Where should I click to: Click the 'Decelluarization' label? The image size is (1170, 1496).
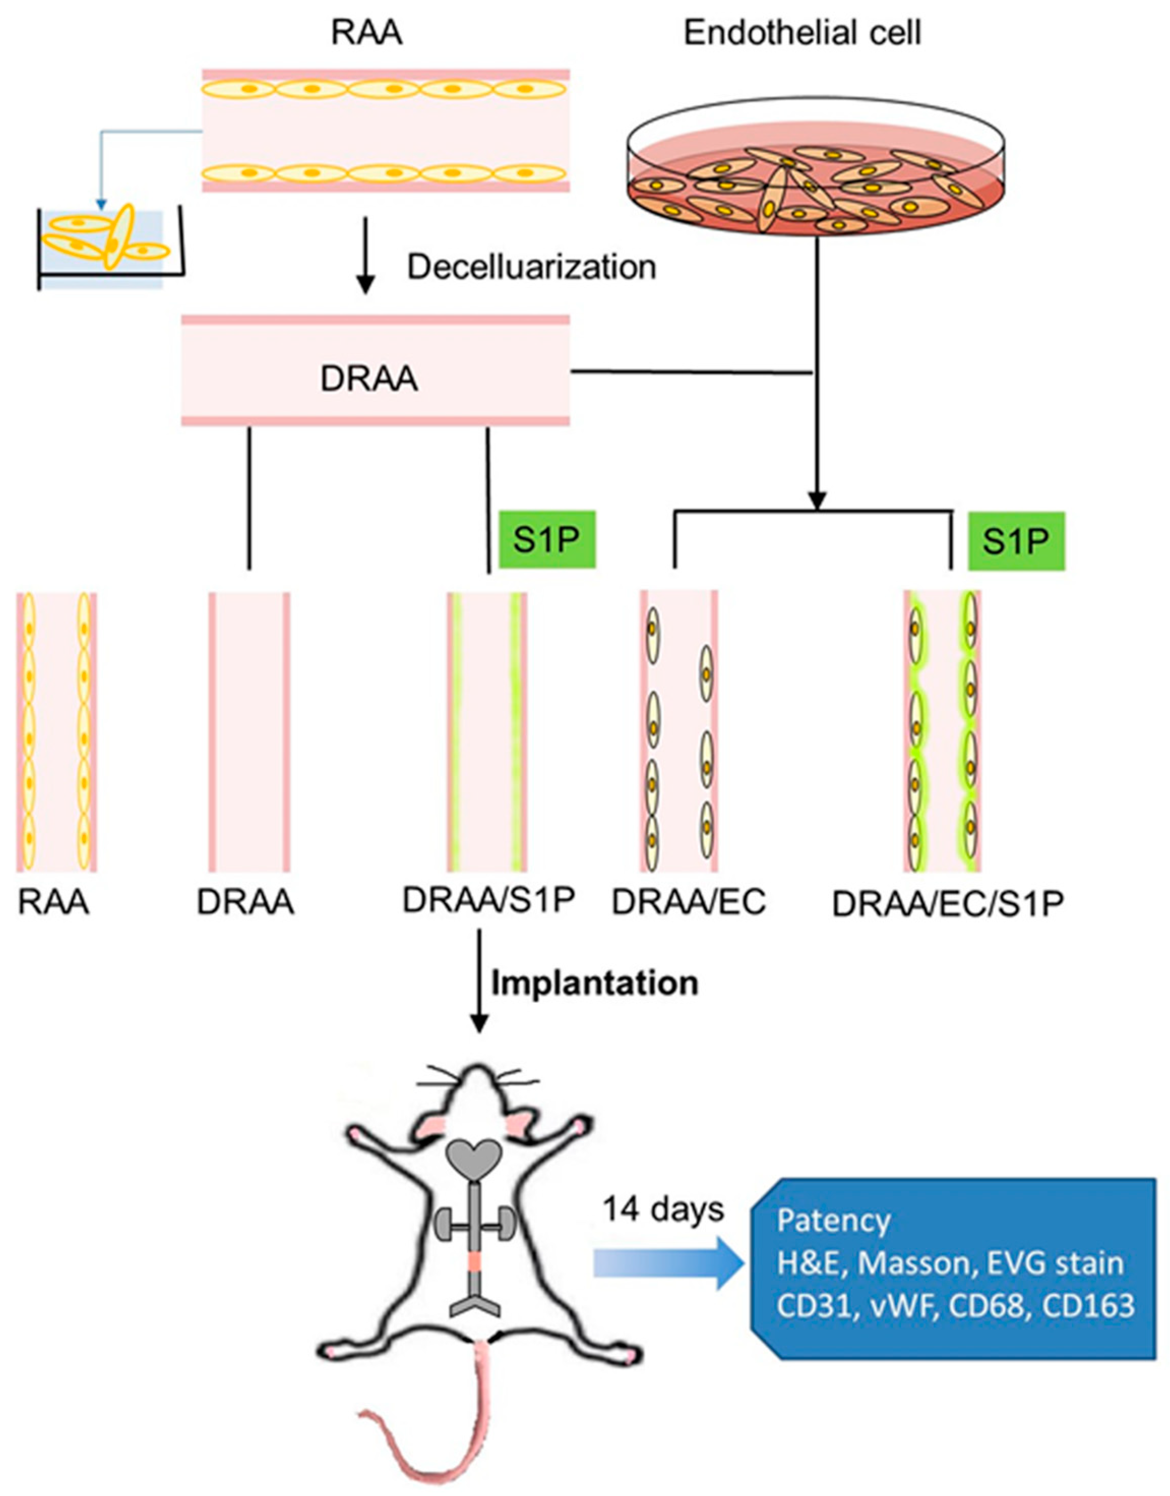(532, 267)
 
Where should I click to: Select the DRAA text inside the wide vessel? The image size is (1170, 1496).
(368, 379)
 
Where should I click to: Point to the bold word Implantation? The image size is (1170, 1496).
(595, 983)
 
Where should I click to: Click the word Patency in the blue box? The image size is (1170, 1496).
(833, 1221)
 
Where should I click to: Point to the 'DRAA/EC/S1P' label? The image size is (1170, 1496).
(947, 905)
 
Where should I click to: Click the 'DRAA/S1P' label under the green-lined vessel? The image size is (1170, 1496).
(488, 900)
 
